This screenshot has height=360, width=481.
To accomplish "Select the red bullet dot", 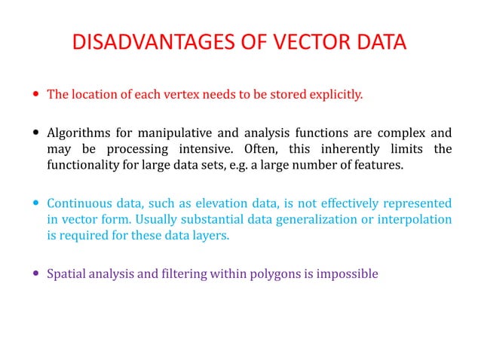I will (36, 95).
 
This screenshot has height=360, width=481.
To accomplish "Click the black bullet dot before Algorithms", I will (36, 133).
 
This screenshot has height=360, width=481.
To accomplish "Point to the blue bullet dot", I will (36, 203).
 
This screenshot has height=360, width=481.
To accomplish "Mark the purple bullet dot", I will (36, 274).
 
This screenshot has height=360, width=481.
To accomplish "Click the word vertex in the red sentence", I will (193, 95).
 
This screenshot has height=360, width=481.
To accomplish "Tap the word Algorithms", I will (78, 133).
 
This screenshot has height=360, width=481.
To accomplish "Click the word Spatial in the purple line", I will (66, 274).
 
